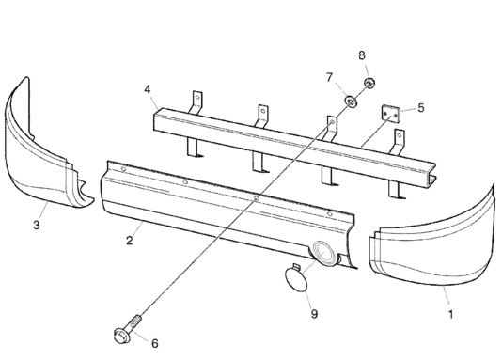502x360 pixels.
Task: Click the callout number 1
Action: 450,314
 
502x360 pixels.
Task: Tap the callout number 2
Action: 130,240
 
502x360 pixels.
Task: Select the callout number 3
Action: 37,225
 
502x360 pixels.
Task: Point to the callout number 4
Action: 147,89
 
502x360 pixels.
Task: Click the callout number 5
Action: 421,108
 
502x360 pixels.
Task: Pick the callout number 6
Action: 155,343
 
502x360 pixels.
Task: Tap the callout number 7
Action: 329,77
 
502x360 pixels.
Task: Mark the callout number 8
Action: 362,55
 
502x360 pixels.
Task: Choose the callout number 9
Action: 314,314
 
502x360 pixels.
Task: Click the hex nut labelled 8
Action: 369,83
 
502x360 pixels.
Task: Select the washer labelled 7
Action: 351,102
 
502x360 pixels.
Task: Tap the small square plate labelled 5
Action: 390,114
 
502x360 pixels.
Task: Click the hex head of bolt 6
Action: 121,336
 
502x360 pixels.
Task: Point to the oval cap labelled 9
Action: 295,279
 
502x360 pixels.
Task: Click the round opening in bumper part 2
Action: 323,253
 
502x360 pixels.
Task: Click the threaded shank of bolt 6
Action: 133,321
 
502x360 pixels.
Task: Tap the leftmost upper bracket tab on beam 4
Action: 196,102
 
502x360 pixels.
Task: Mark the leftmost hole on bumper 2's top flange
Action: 123,168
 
